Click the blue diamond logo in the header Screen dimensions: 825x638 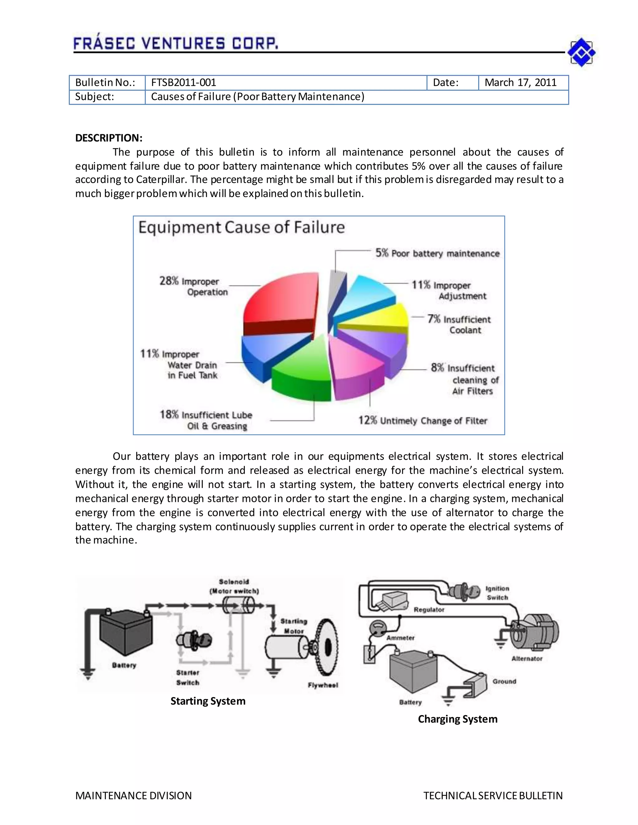coord(581,53)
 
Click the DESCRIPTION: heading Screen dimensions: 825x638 coord(109,138)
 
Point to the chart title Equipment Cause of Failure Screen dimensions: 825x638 coord(241,227)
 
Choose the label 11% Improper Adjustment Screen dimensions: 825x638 coord(449,290)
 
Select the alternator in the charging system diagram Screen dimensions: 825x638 coord(535,632)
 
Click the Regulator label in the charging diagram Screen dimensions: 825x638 coord(429,610)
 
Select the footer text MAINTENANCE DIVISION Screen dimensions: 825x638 coord(133,795)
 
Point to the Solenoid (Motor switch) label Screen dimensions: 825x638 coord(234,587)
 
